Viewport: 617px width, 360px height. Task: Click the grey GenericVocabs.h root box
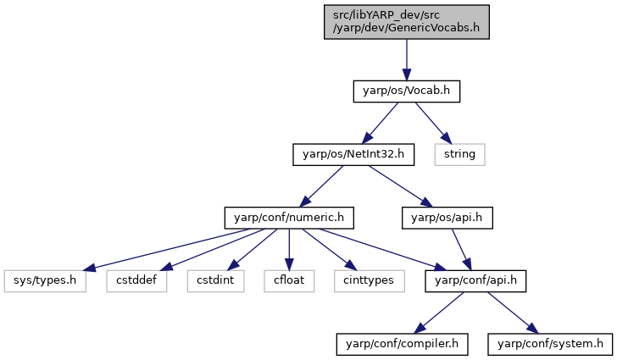pyautogui.click(x=407, y=22)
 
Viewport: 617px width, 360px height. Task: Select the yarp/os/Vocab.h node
pyautogui.click(x=407, y=91)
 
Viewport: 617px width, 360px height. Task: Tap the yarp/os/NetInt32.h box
pyautogui.click(x=353, y=155)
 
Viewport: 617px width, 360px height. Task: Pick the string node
pyautogui.click(x=459, y=155)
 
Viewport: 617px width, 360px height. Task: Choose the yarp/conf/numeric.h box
pyautogui.click(x=289, y=218)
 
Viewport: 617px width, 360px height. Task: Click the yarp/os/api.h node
pyautogui.click(x=447, y=218)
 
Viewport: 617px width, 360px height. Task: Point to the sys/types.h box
pyautogui.click(x=45, y=281)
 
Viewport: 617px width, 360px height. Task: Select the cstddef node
pyautogui.click(x=136, y=281)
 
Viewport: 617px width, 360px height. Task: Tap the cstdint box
pyautogui.click(x=215, y=281)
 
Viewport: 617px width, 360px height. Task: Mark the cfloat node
pyautogui.click(x=289, y=281)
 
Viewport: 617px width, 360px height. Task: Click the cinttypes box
pyautogui.click(x=370, y=281)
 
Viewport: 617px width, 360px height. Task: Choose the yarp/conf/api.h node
pyautogui.click(x=475, y=281)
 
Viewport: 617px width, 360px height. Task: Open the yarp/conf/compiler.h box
pyautogui.click(x=402, y=344)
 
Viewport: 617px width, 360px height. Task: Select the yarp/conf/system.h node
pyautogui.click(x=550, y=344)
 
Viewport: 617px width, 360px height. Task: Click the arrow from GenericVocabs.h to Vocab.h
pyautogui.click(x=407, y=60)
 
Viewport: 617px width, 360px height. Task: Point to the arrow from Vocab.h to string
pyautogui.click(x=433, y=123)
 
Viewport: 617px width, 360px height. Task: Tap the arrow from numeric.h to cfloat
pyautogui.click(x=289, y=249)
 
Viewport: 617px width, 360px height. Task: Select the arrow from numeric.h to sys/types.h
pyautogui.click(x=167, y=249)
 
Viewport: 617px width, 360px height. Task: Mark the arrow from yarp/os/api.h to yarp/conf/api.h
pyautogui.click(x=461, y=249)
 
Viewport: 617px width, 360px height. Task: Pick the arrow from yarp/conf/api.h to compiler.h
pyautogui.click(x=439, y=313)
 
